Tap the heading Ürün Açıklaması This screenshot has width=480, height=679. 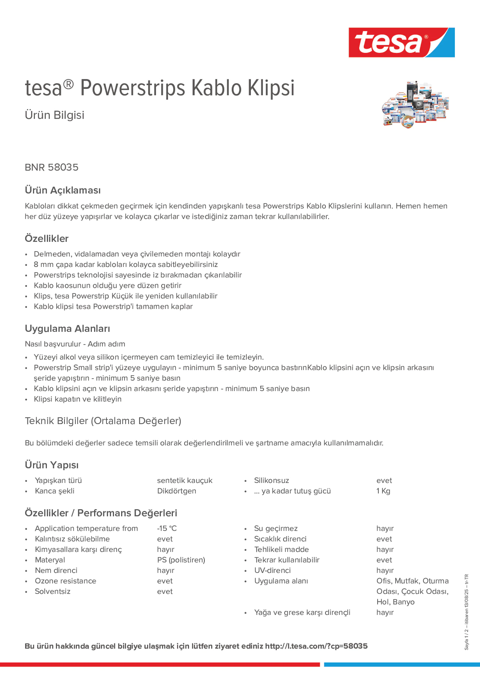(63, 190)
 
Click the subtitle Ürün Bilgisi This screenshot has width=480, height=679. (54, 115)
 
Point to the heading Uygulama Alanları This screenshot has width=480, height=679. (67, 328)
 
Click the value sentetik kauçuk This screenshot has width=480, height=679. (185, 480)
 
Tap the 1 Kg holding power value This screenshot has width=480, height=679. (383, 491)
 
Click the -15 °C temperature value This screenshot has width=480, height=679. (167, 529)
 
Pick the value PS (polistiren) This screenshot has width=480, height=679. (181, 560)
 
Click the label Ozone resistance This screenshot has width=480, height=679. (65, 581)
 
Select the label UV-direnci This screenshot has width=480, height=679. (272, 570)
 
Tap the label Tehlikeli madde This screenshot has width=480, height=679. (281, 549)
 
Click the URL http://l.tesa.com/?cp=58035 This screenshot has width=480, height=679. (316, 646)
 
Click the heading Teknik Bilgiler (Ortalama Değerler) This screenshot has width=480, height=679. (103, 421)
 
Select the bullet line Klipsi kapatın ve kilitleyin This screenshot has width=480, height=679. (78, 399)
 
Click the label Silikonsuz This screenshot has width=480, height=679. (271, 480)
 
